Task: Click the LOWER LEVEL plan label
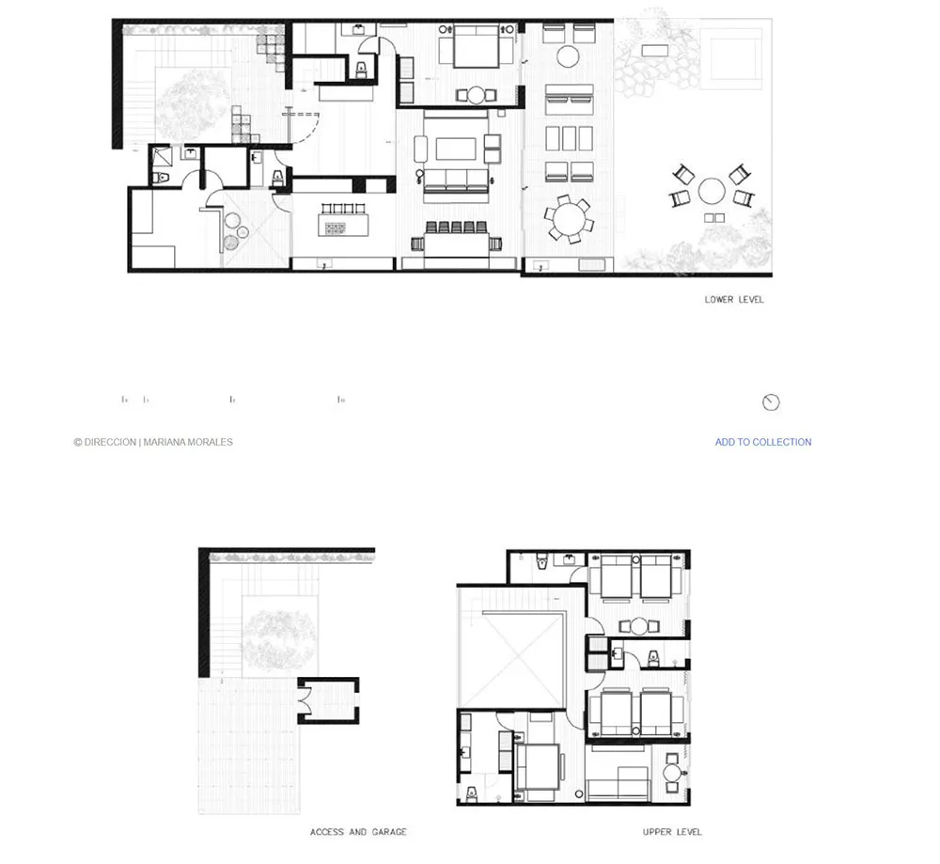(x=734, y=300)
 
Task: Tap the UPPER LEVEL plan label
(x=672, y=832)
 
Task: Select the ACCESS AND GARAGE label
(x=358, y=832)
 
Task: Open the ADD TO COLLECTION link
(x=762, y=442)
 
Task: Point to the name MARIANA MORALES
(x=189, y=442)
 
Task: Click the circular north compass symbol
(x=771, y=402)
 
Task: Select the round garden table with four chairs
(x=712, y=191)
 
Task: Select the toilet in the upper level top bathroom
(x=540, y=561)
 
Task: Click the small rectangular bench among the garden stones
(x=655, y=50)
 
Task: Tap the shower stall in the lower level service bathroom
(x=161, y=157)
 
